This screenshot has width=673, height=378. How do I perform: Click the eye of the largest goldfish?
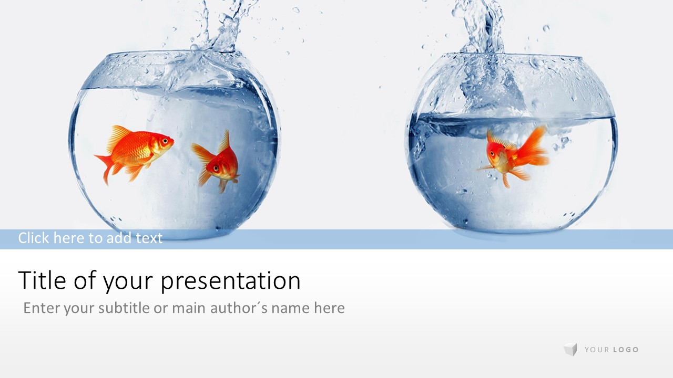[x=165, y=140]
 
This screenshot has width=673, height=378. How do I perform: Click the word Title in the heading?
[x=42, y=280]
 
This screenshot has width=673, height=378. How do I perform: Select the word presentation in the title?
[x=230, y=281]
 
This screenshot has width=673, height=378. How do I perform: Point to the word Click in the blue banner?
[x=34, y=238]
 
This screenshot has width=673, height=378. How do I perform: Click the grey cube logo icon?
[x=570, y=349]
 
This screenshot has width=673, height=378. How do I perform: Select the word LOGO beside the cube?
[x=626, y=350]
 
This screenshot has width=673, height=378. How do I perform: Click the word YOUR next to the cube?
[x=597, y=350]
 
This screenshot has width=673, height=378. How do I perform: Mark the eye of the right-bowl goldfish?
[x=492, y=154]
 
